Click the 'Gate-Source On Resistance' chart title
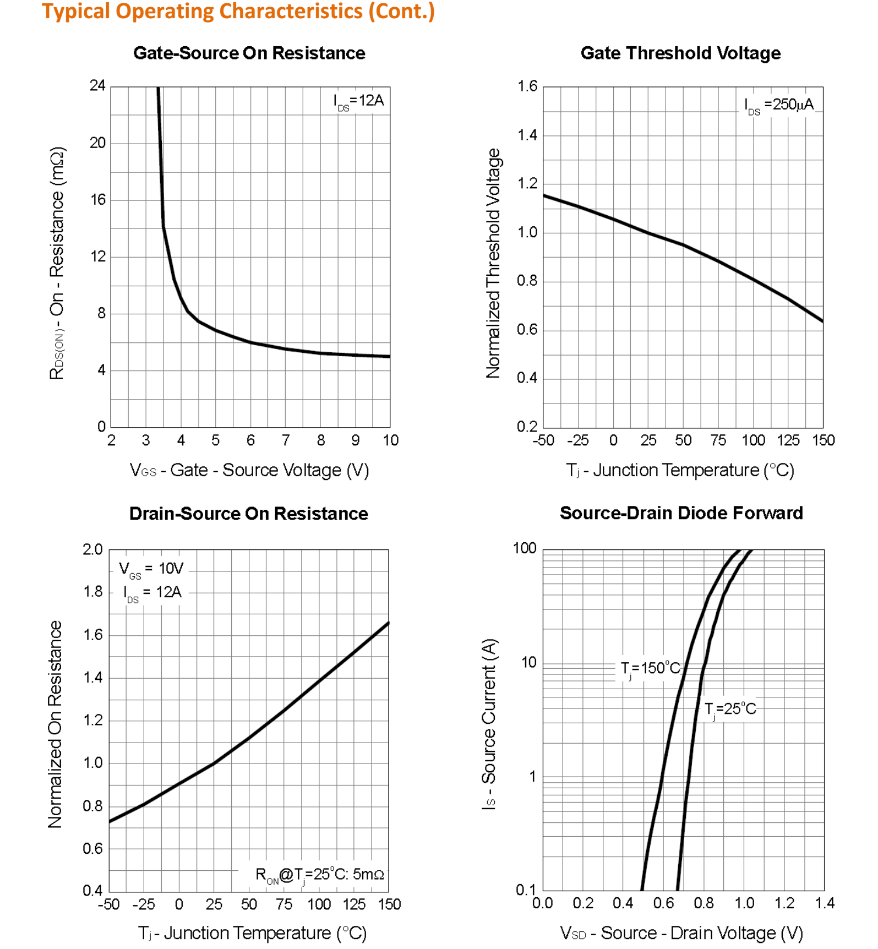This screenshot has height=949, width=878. (249, 53)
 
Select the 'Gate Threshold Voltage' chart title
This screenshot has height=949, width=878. (680, 53)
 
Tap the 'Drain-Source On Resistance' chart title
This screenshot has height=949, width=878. (248, 514)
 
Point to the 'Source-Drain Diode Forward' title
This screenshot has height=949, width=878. (681, 513)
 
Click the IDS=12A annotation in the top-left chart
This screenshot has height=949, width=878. (358, 101)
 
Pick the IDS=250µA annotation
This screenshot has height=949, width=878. (778, 105)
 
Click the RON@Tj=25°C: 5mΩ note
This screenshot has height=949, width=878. (319, 874)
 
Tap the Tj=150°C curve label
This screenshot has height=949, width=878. (650, 669)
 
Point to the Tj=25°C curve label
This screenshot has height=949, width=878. (730, 709)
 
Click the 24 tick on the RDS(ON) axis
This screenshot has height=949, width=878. (97, 86)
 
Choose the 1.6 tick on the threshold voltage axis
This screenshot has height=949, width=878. (527, 86)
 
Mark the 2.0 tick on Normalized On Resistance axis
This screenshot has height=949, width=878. (92, 549)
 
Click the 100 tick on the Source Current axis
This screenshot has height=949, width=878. (524, 548)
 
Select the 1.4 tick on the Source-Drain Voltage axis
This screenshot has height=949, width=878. (825, 903)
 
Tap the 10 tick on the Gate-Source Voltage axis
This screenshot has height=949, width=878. (391, 440)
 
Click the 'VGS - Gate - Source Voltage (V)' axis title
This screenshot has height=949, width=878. (249, 470)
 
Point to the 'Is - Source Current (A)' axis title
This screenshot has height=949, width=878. (489, 724)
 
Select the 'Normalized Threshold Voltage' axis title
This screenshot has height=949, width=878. (493, 263)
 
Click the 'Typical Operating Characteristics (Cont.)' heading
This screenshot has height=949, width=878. (238, 12)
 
